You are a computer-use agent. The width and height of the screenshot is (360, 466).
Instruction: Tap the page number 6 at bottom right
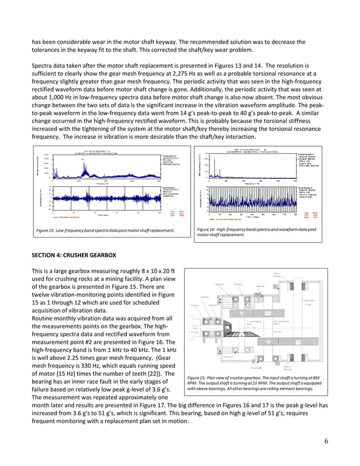327,440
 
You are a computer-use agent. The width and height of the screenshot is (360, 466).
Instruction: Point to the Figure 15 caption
254,383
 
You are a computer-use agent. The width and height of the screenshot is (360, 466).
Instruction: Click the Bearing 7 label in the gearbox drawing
261,286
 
